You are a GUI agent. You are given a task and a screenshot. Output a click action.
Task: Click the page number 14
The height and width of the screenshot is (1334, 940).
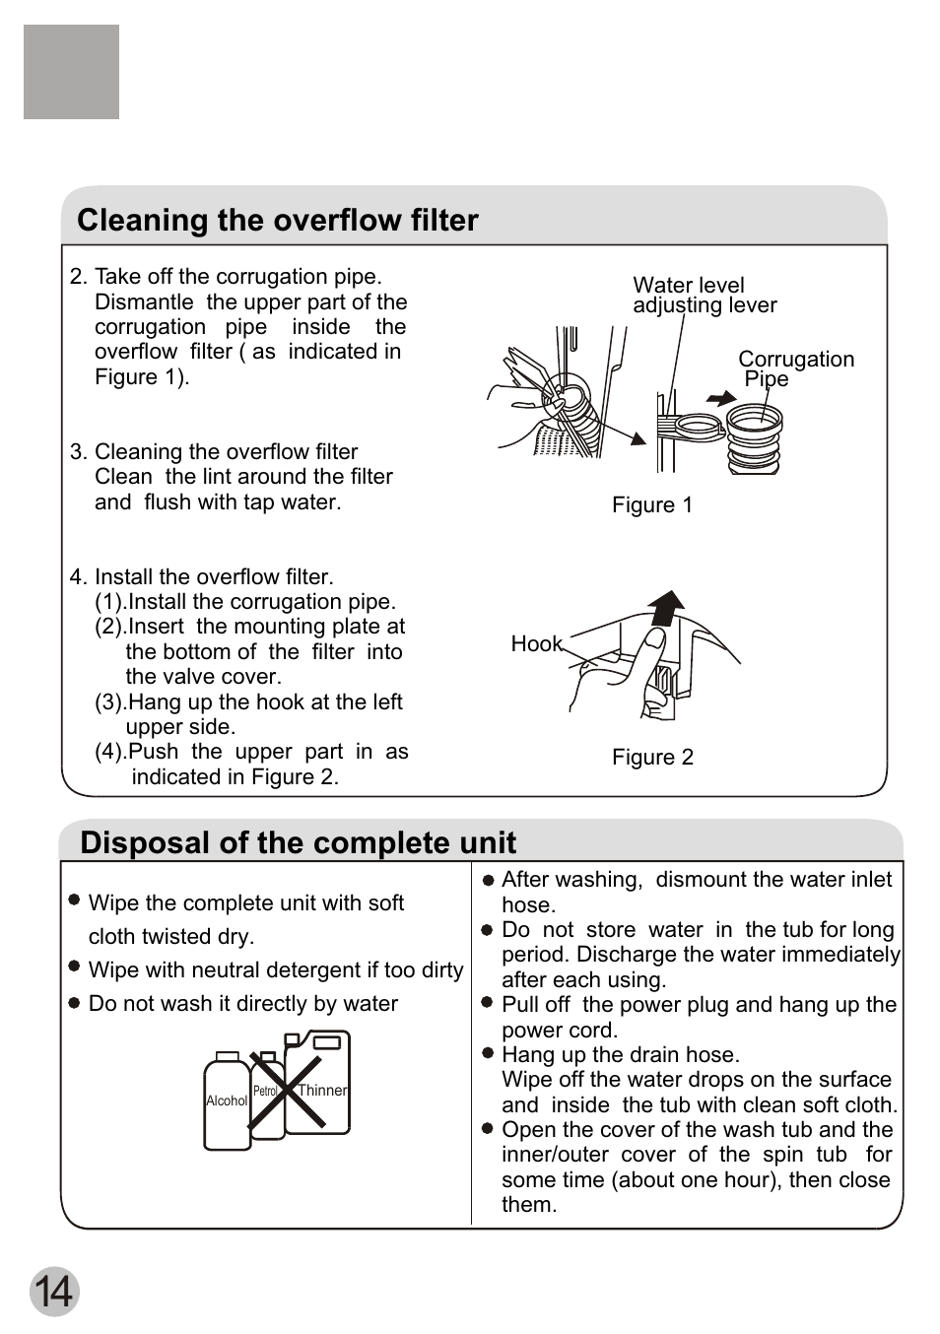click(x=53, y=1291)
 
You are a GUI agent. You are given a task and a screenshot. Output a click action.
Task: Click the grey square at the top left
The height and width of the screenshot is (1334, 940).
click(x=71, y=72)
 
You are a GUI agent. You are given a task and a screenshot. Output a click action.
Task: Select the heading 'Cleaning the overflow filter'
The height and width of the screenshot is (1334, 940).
click(x=278, y=220)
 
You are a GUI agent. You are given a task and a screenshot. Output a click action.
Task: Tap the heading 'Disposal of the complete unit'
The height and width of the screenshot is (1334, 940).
click(x=298, y=842)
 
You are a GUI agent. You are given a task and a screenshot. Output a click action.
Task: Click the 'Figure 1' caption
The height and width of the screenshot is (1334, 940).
click(x=652, y=505)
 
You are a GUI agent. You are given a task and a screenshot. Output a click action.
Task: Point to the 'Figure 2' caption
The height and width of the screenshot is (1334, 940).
click(x=652, y=757)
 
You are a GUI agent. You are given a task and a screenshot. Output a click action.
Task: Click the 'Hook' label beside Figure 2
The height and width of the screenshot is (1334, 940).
click(x=536, y=644)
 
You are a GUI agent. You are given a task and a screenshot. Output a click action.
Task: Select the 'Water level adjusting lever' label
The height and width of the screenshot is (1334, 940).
click(x=704, y=296)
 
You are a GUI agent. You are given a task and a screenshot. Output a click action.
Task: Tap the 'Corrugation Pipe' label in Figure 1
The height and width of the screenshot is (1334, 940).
click(x=794, y=368)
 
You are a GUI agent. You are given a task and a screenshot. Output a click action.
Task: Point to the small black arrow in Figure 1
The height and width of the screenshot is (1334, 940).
click(x=722, y=398)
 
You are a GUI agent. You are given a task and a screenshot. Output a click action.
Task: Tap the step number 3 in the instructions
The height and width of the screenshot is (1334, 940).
click(x=78, y=452)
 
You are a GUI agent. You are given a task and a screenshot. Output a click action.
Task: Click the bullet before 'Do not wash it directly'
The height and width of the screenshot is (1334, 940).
click(x=74, y=1003)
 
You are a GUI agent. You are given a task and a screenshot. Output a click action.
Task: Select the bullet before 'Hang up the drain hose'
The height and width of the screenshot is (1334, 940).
click(x=487, y=1053)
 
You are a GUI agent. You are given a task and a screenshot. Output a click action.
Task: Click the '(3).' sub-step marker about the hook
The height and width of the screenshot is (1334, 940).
click(x=110, y=702)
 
